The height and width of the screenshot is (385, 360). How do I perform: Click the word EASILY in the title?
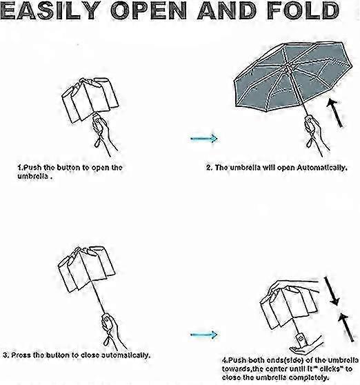click(51, 10)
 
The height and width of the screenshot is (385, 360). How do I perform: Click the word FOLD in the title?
click(303, 10)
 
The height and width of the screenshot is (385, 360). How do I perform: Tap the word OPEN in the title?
click(149, 10)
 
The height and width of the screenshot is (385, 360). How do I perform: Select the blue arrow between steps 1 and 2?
click(204, 139)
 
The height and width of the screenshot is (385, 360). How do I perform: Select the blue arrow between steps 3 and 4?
click(204, 335)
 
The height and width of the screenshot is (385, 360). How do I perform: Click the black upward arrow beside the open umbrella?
click(335, 112)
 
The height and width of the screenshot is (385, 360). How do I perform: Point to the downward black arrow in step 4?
click(332, 291)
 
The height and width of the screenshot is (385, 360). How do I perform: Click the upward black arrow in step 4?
click(346, 327)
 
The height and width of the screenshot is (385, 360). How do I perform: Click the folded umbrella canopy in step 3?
click(86, 269)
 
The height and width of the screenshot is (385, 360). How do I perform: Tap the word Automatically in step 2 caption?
click(321, 168)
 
